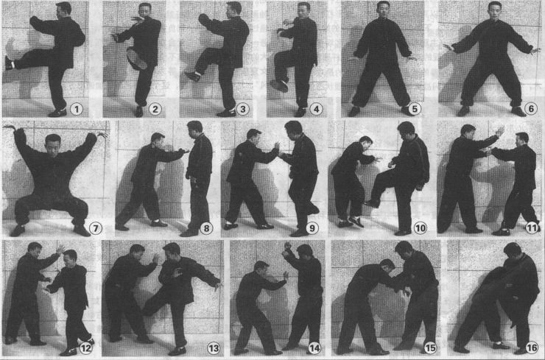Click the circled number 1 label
click(77, 110)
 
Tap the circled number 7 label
click(95, 228)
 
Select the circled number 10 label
click(421, 228)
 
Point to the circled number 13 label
click(214, 347)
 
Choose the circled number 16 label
click(532, 347)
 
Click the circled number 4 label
click(316, 109)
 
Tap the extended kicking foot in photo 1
click(9, 63)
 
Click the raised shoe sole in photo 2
click(136, 59)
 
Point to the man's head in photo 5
click(383, 9)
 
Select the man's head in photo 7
click(53, 144)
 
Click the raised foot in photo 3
click(193, 76)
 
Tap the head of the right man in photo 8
click(195, 130)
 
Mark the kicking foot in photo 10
click(372, 203)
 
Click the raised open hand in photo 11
click(500, 131)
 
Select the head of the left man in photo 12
click(35, 250)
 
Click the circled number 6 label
click(531, 109)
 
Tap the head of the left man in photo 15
click(387, 267)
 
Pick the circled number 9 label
click(312, 228)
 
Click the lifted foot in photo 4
click(279, 86)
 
